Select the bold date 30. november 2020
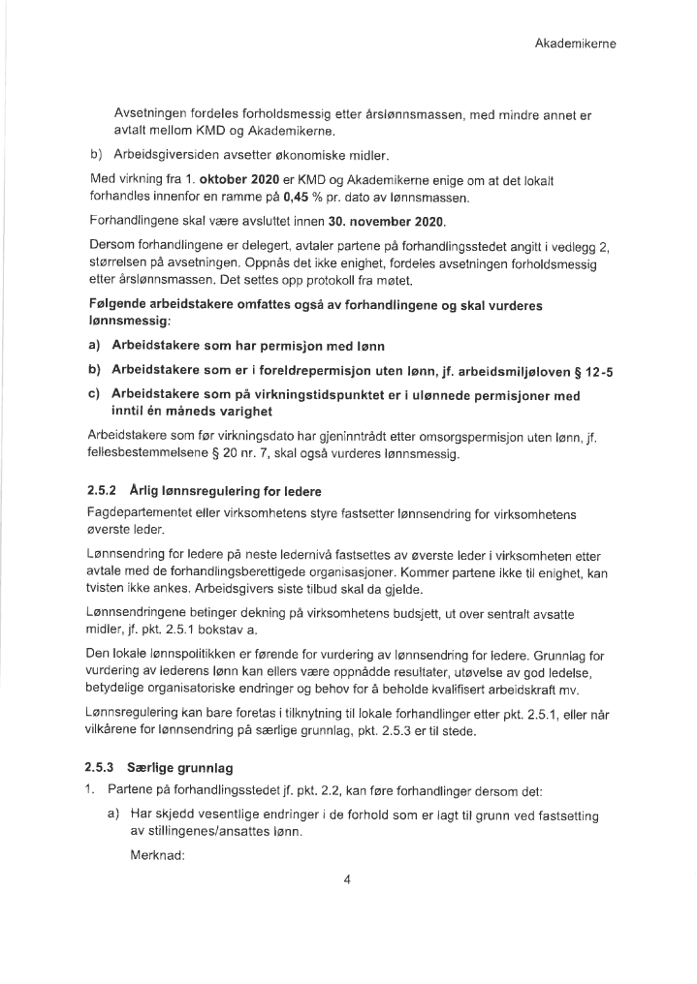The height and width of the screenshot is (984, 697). [383, 221]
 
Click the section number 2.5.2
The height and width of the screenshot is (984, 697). [101, 490]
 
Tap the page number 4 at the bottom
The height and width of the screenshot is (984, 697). [346, 879]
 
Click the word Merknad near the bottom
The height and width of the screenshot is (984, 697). [157, 856]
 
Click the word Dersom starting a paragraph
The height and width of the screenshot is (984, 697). [110, 245]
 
